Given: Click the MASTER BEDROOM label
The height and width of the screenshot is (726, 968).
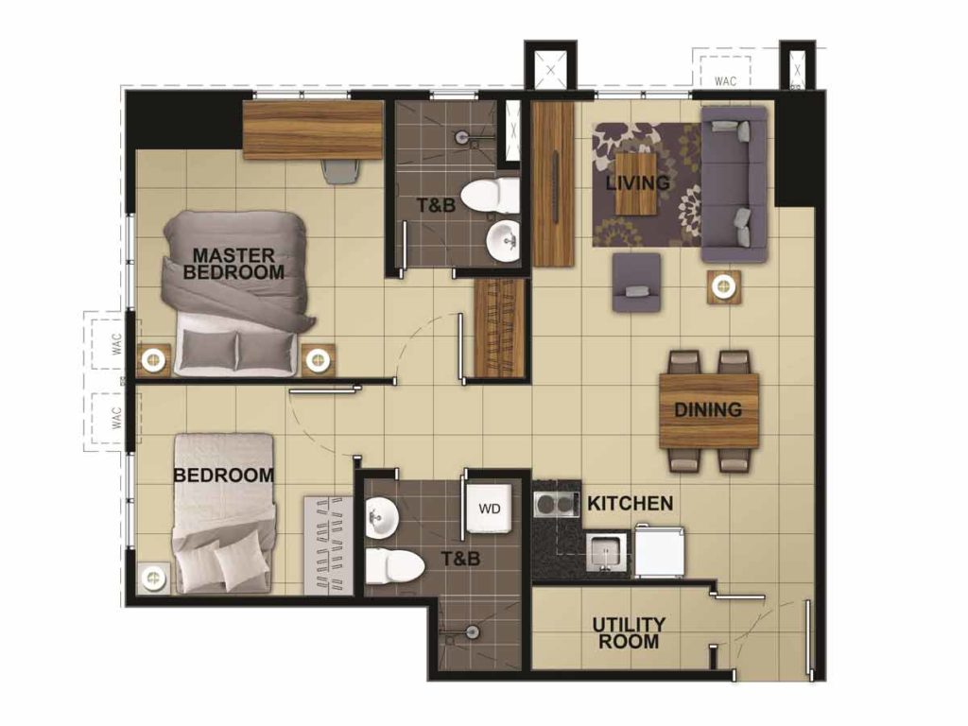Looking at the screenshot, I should click(x=233, y=264).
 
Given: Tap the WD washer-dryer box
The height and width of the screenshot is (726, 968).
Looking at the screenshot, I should click(x=489, y=509).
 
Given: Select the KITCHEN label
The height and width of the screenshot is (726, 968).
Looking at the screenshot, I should click(x=630, y=504).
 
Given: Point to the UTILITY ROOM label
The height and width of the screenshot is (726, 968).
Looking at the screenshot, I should click(x=629, y=632).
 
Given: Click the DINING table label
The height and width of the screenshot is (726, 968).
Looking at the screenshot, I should click(x=708, y=410).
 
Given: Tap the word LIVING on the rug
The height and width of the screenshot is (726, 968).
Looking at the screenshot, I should click(x=637, y=182).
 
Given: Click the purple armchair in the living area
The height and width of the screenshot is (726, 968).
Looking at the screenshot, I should click(x=636, y=282).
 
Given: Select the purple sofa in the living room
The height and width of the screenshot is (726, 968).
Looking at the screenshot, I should click(x=734, y=184).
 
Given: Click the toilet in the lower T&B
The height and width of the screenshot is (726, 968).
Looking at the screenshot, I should click(x=388, y=565).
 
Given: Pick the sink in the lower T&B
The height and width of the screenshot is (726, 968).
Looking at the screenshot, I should click(x=383, y=516).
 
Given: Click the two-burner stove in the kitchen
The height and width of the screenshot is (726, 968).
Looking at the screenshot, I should click(x=558, y=503).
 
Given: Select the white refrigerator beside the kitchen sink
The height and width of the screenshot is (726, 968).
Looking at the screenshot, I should click(x=659, y=551).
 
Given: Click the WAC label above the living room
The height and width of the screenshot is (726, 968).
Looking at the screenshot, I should click(x=725, y=81).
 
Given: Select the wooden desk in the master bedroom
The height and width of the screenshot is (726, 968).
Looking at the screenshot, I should click(x=313, y=130).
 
